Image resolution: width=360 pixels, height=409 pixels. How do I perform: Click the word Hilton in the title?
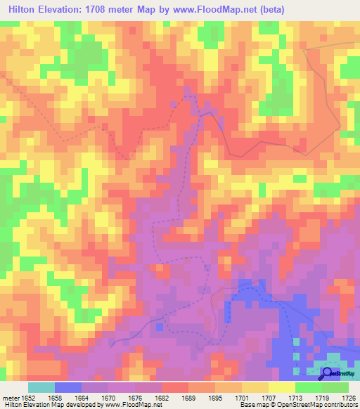[x=24, y=11]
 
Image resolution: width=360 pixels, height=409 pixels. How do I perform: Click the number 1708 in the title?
[x=108, y=11]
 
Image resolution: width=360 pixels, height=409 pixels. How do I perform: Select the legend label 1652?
[x=27, y=397]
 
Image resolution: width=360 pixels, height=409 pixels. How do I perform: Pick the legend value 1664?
[x=81, y=397]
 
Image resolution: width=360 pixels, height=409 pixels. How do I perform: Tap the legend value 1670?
[x=108, y=397]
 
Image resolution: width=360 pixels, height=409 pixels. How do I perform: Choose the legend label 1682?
[x=161, y=397]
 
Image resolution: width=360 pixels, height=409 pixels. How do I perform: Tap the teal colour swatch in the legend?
[x=41, y=387]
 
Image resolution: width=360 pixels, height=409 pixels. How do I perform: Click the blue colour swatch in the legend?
[x=67, y=387]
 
